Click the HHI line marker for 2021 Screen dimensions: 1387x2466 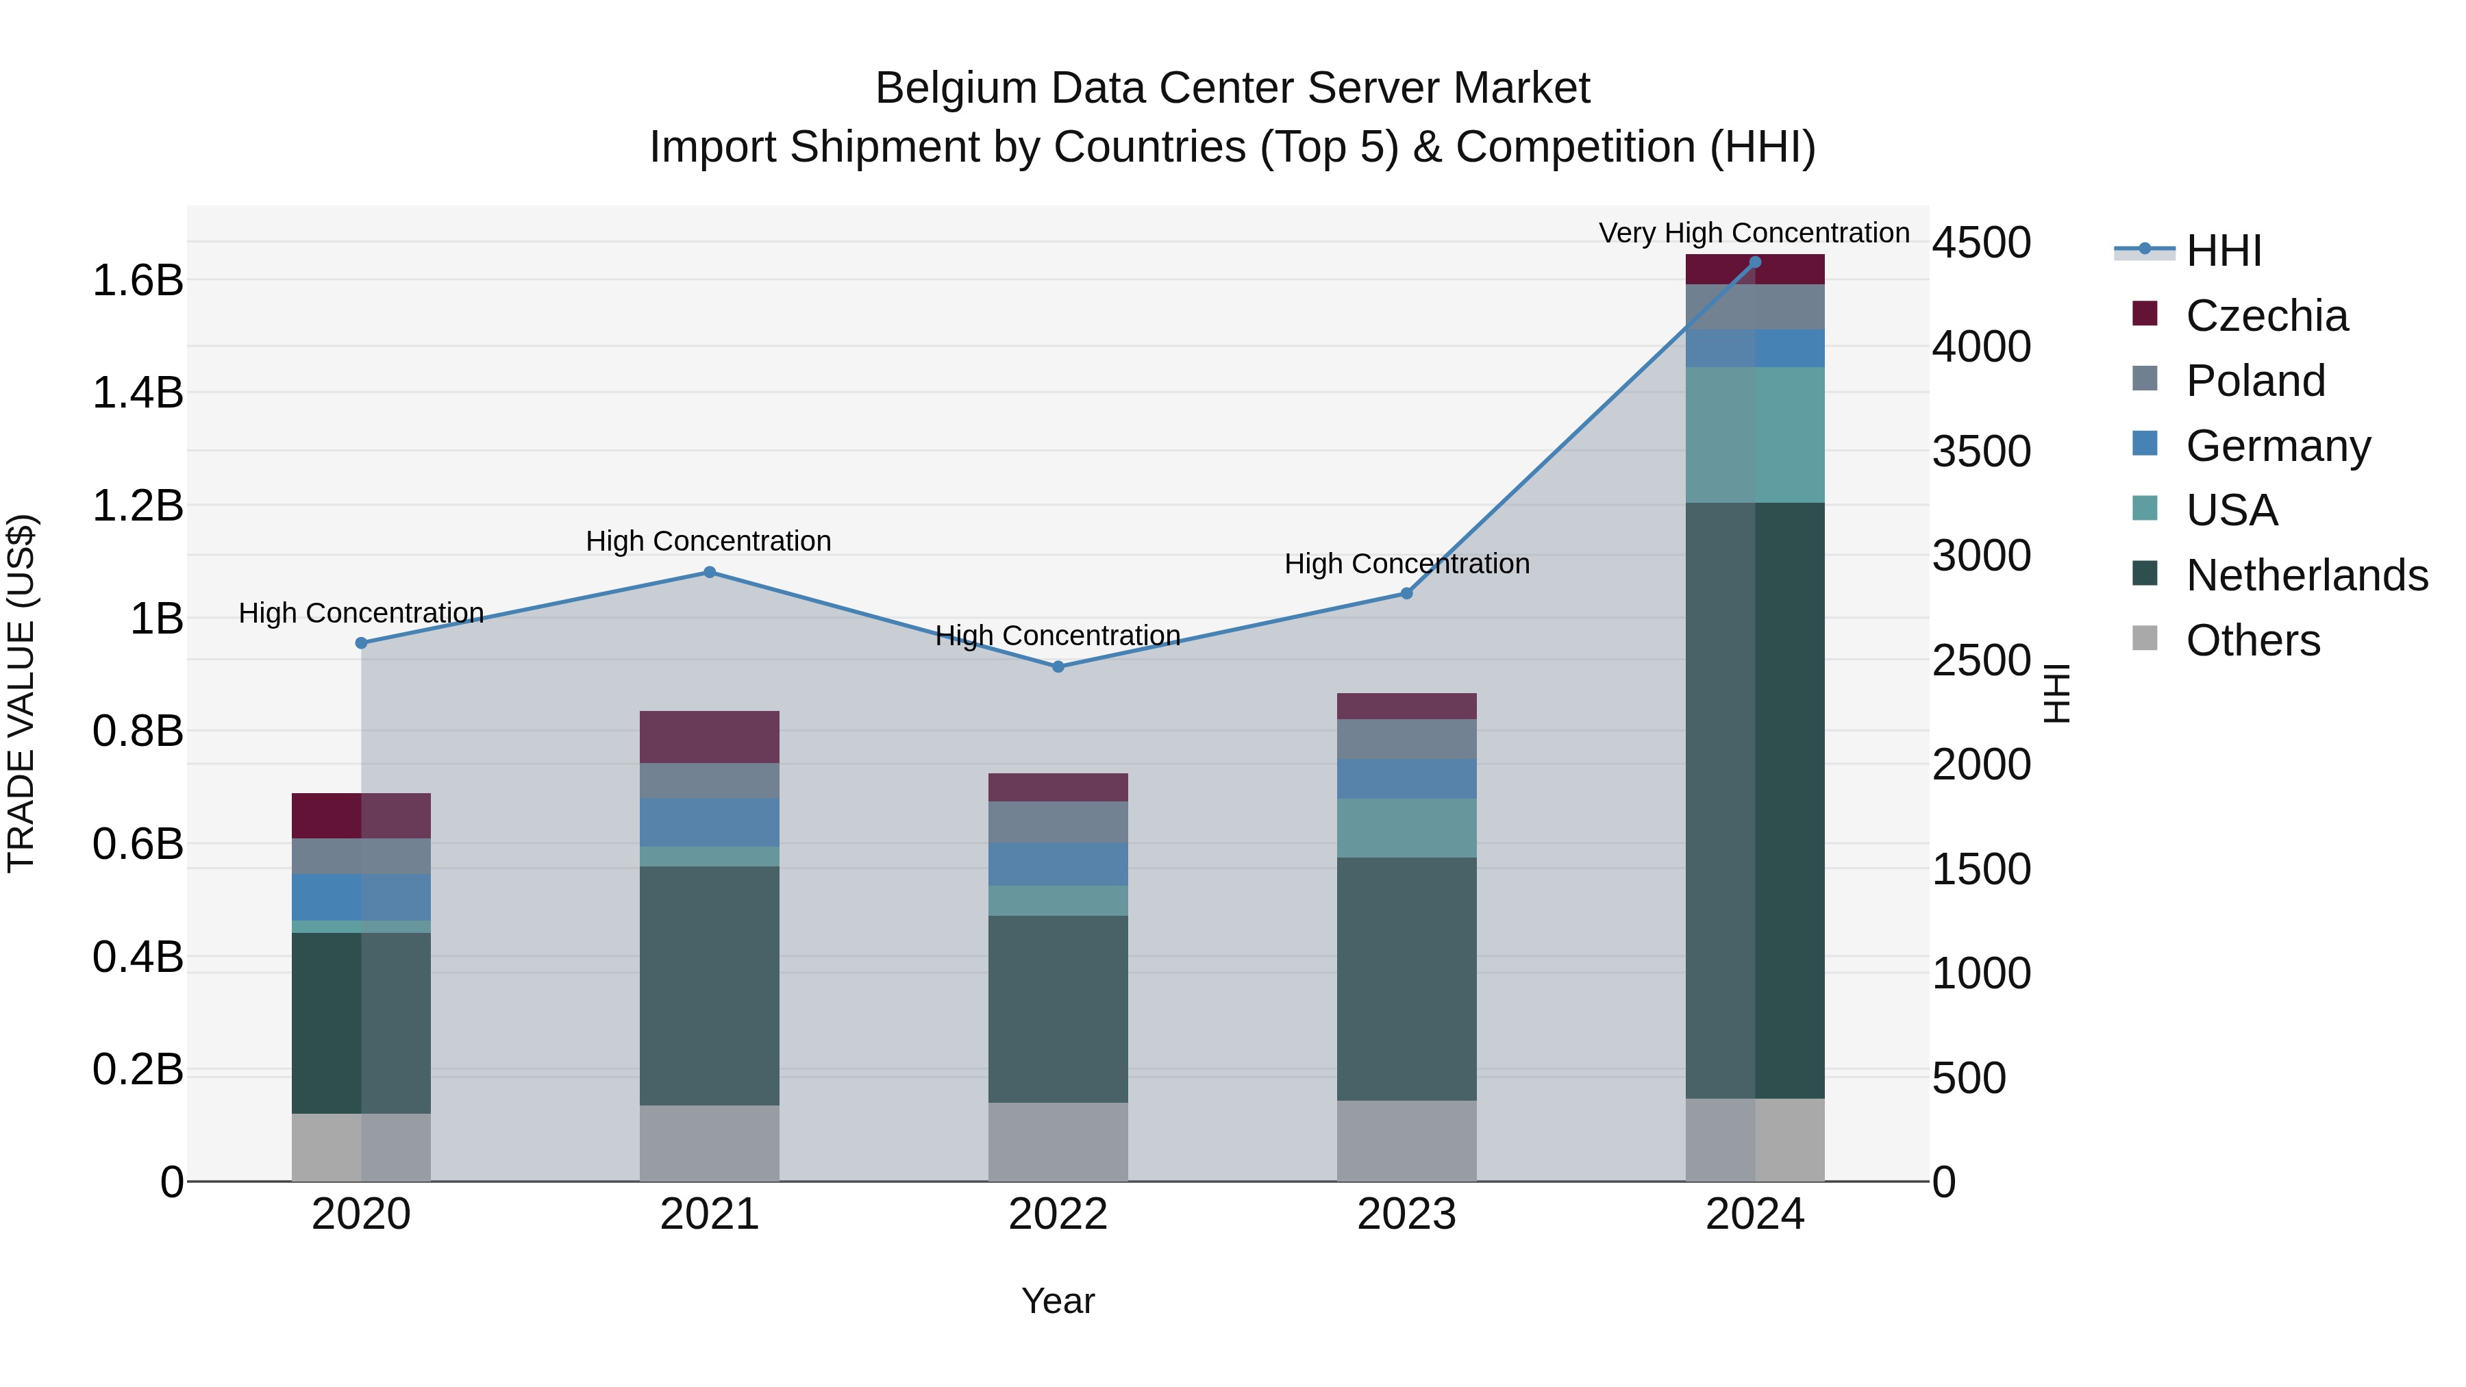[x=710, y=573]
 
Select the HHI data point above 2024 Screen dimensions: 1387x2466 [x=1755, y=262]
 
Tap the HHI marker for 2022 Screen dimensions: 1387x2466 [x=1058, y=667]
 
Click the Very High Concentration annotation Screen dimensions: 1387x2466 [x=1754, y=233]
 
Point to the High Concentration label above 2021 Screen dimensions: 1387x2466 [x=708, y=541]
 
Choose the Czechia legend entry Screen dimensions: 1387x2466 [x=2266, y=316]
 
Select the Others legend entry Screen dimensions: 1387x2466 [x=2252, y=640]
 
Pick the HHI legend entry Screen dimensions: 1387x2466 [x=2223, y=251]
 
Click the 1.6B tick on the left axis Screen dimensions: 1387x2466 [x=138, y=280]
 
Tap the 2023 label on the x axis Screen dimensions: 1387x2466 [x=1406, y=1214]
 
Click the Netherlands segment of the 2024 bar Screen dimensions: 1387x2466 [x=1755, y=799]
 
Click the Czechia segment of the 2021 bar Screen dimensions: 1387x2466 [x=710, y=736]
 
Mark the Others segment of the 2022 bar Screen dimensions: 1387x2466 [x=1058, y=1141]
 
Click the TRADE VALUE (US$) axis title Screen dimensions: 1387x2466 [x=21, y=693]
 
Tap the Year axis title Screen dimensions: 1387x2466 [x=1058, y=1301]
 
